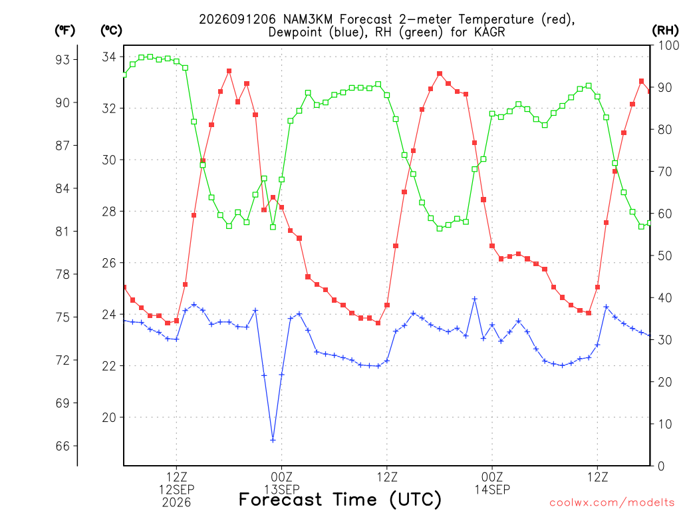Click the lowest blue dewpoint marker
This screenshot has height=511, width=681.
273,440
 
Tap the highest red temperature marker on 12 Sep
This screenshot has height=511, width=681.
229,71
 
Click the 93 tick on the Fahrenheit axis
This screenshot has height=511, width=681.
63,59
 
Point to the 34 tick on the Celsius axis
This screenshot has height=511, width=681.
109,57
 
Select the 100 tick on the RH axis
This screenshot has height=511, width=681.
669,45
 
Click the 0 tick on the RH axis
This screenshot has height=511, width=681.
661,466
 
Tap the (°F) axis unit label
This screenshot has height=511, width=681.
65,31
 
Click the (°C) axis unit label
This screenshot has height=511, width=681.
111,31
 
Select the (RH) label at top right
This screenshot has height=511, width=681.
665,31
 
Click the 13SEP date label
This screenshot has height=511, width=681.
282,490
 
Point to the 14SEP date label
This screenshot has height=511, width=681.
492,490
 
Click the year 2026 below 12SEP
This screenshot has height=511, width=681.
176,503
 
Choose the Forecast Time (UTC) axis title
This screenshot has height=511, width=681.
340,500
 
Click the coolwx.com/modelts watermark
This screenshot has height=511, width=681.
612,502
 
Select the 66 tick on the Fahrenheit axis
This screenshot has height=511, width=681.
63,446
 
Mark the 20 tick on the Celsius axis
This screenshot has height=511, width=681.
109,417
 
